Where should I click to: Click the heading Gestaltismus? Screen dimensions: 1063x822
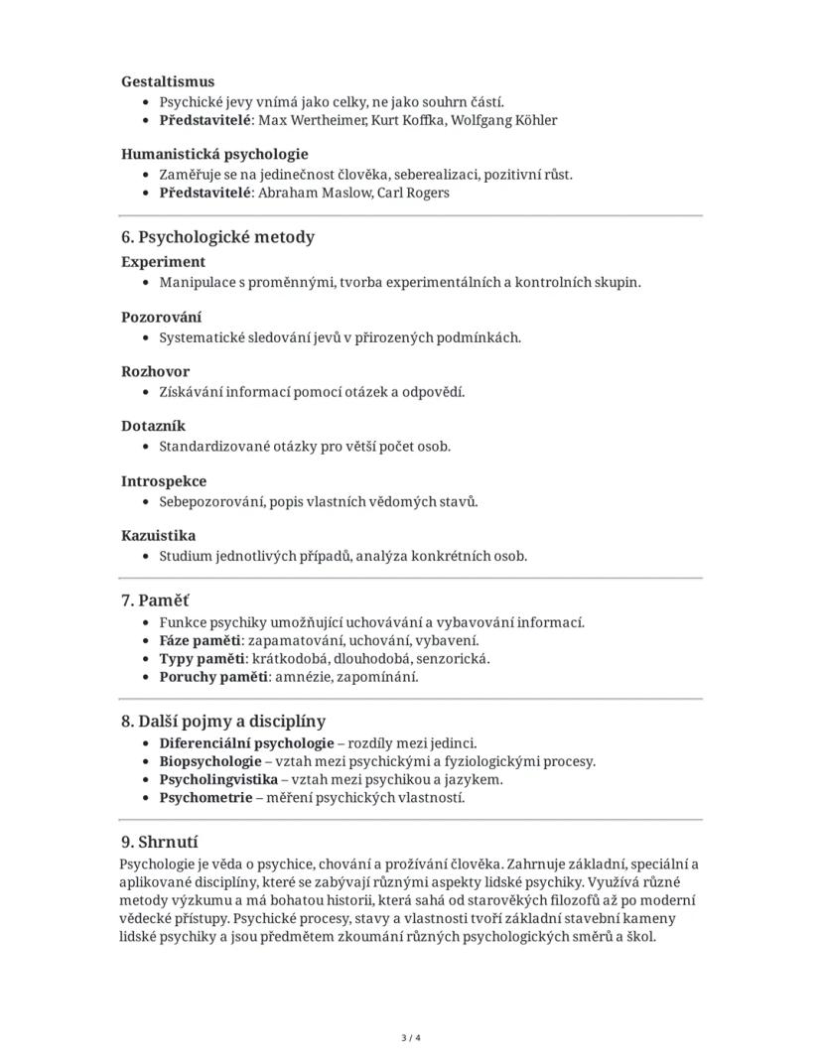[168, 81]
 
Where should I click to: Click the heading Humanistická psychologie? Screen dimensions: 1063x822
[214, 154]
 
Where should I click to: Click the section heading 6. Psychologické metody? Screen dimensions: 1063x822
[217, 237]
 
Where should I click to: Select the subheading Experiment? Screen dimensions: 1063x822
[164, 262]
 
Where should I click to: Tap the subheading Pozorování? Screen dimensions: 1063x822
[161, 318]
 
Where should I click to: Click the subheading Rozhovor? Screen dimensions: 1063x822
[155, 372]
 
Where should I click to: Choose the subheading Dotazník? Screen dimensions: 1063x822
[154, 427]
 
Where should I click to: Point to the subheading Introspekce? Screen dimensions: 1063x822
[164, 481]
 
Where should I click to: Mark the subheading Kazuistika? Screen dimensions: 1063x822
[159, 536]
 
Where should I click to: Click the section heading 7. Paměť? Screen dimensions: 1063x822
[155, 600]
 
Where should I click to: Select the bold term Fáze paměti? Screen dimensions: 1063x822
[200, 640]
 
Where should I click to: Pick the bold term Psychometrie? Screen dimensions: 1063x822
[205, 797]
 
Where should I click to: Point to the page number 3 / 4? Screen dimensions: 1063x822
[411, 1038]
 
